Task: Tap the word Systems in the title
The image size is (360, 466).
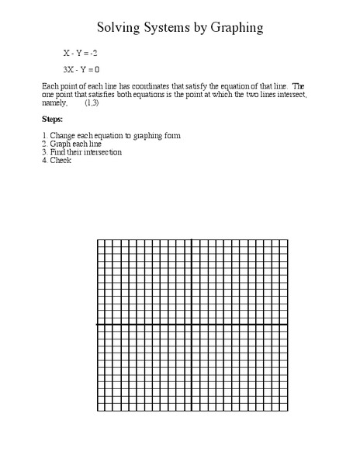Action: (171, 28)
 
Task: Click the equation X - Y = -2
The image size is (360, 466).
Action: (80, 54)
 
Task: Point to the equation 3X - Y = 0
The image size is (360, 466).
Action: (81, 69)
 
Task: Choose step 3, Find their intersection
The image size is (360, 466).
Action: (81, 152)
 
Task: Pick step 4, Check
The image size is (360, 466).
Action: (56, 161)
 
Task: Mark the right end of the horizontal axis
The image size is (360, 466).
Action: (287, 325)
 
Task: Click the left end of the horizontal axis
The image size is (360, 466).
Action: (97, 325)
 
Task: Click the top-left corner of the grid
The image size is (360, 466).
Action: (97, 240)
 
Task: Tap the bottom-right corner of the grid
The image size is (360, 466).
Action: (287, 411)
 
